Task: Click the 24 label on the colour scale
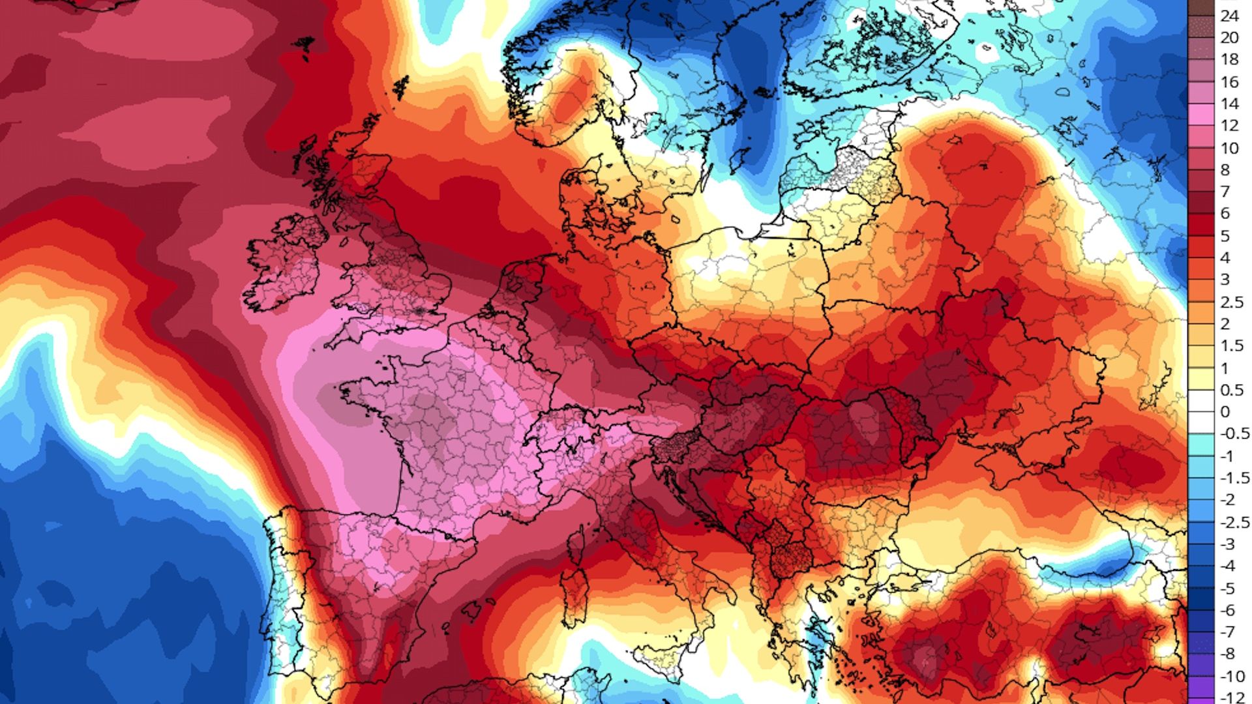[1229, 16]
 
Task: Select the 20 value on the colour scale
[1229, 38]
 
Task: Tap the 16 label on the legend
[1229, 82]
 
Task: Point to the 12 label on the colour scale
[1229, 126]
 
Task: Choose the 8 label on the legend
[1225, 170]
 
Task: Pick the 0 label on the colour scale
[1225, 412]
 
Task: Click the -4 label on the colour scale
[1228, 566]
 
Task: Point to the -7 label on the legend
[1228, 632]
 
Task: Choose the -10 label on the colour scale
[1229, 676]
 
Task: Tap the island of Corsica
[575, 544]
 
